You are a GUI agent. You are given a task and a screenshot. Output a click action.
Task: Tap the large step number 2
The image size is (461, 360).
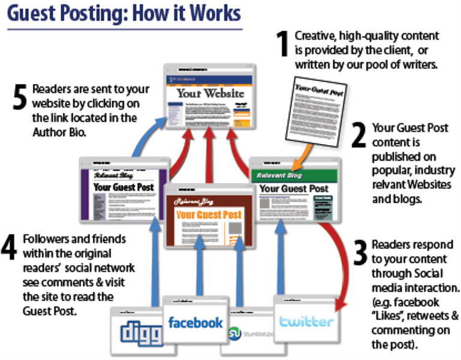pos(358,136)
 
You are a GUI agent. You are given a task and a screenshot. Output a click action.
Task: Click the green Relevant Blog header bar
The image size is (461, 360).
pos(294,176)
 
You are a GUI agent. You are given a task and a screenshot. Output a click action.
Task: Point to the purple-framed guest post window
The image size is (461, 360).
pos(124,188)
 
